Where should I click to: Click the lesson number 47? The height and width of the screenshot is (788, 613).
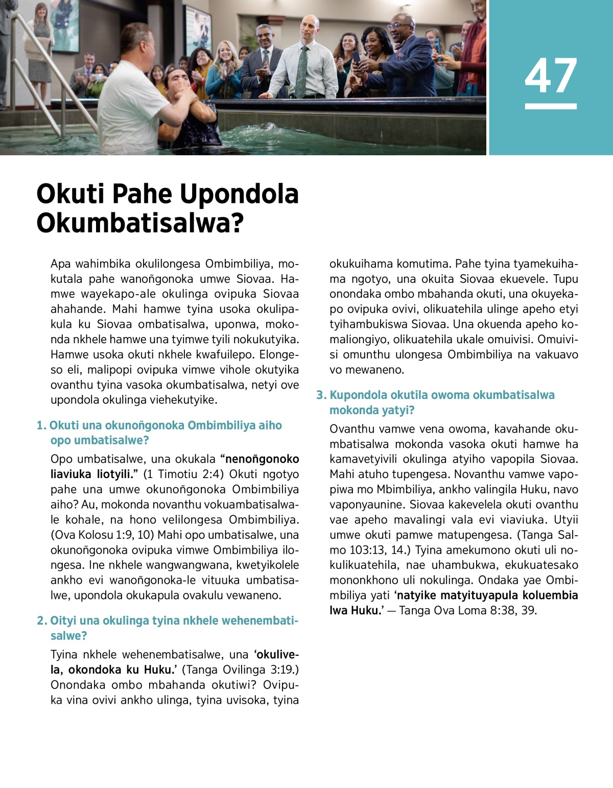pos(550,76)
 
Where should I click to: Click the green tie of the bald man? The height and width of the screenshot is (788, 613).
pos(302,71)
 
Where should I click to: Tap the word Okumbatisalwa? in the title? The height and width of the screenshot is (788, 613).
pos(140,223)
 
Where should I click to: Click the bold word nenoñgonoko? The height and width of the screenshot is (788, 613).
pos(262,459)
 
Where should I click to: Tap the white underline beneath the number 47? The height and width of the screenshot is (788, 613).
pos(550,106)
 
